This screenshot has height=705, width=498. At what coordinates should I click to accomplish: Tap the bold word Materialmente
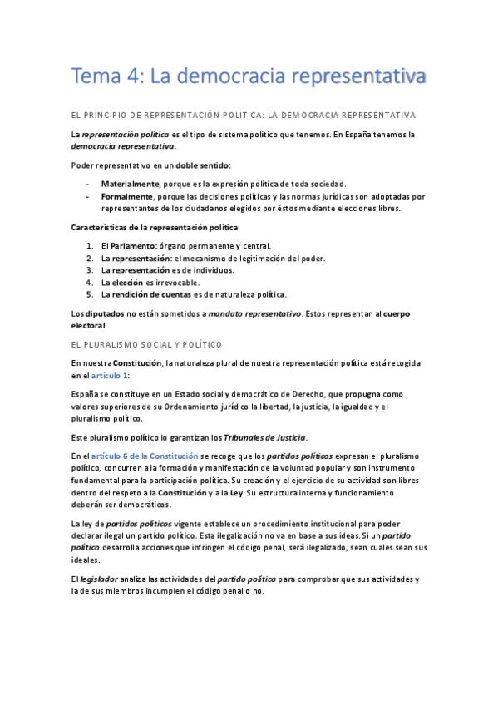(x=130, y=183)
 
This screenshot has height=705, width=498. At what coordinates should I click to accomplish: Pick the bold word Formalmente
(x=127, y=196)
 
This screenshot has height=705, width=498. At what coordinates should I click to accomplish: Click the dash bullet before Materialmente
(x=88, y=183)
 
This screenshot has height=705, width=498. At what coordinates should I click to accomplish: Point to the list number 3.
(x=90, y=270)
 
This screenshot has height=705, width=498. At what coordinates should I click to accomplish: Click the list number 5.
(x=90, y=294)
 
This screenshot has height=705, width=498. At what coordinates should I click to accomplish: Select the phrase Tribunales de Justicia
(x=265, y=437)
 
